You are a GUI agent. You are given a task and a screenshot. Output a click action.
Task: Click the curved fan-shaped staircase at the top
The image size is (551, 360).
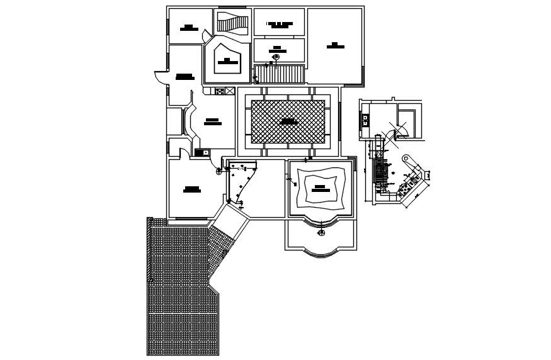click(x=232, y=23)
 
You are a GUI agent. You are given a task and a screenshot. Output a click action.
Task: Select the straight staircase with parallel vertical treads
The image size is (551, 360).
click(x=279, y=74)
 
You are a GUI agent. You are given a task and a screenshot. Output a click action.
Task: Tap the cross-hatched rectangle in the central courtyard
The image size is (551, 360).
click(x=288, y=121)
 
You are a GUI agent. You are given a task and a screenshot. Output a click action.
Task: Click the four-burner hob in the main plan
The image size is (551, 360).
click(x=219, y=91)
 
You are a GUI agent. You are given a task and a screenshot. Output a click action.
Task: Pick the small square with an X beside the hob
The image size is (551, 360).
click(x=230, y=91)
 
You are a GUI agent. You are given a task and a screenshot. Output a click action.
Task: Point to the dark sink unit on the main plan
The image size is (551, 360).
click(x=202, y=152)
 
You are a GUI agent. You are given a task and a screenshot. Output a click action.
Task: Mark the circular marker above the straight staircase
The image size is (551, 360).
click(x=276, y=57)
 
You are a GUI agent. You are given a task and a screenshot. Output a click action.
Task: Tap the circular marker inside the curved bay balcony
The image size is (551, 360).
click(x=321, y=233)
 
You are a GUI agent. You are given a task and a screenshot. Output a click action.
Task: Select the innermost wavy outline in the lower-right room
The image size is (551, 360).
click(x=321, y=188)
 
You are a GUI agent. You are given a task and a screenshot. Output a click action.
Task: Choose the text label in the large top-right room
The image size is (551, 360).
click(x=335, y=45)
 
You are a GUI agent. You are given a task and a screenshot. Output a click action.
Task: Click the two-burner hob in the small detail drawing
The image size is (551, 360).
click(x=365, y=120)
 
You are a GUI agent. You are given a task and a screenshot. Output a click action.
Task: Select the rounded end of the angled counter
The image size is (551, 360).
click(x=406, y=159)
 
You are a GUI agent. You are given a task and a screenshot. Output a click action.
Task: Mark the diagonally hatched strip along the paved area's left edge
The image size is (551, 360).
click(x=150, y=252)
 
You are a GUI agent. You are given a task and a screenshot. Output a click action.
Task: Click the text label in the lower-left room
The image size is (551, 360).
click(x=191, y=189)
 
